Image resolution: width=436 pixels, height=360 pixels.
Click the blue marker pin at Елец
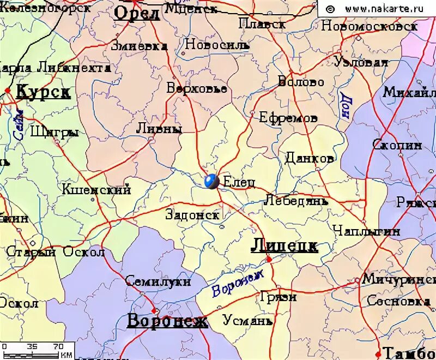[x=211, y=181]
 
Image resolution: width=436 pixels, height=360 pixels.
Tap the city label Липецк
[x=284, y=246]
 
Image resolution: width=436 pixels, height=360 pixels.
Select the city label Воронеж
[x=167, y=321]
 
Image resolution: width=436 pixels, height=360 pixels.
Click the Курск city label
[x=43, y=92]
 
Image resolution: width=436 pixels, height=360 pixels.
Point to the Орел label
[x=137, y=13]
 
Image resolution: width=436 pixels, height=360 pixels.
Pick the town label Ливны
[x=159, y=129]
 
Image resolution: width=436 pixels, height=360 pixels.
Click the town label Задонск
[x=192, y=214]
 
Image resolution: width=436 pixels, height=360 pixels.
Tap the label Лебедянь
[x=296, y=200]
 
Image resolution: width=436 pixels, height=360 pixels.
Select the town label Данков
[x=309, y=159]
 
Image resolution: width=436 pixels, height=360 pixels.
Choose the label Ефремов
[x=288, y=117]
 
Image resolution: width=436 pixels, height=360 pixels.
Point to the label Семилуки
[x=158, y=281]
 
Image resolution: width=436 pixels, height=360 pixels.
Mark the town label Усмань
[x=247, y=320]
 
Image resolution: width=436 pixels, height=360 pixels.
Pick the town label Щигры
[x=55, y=132]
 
